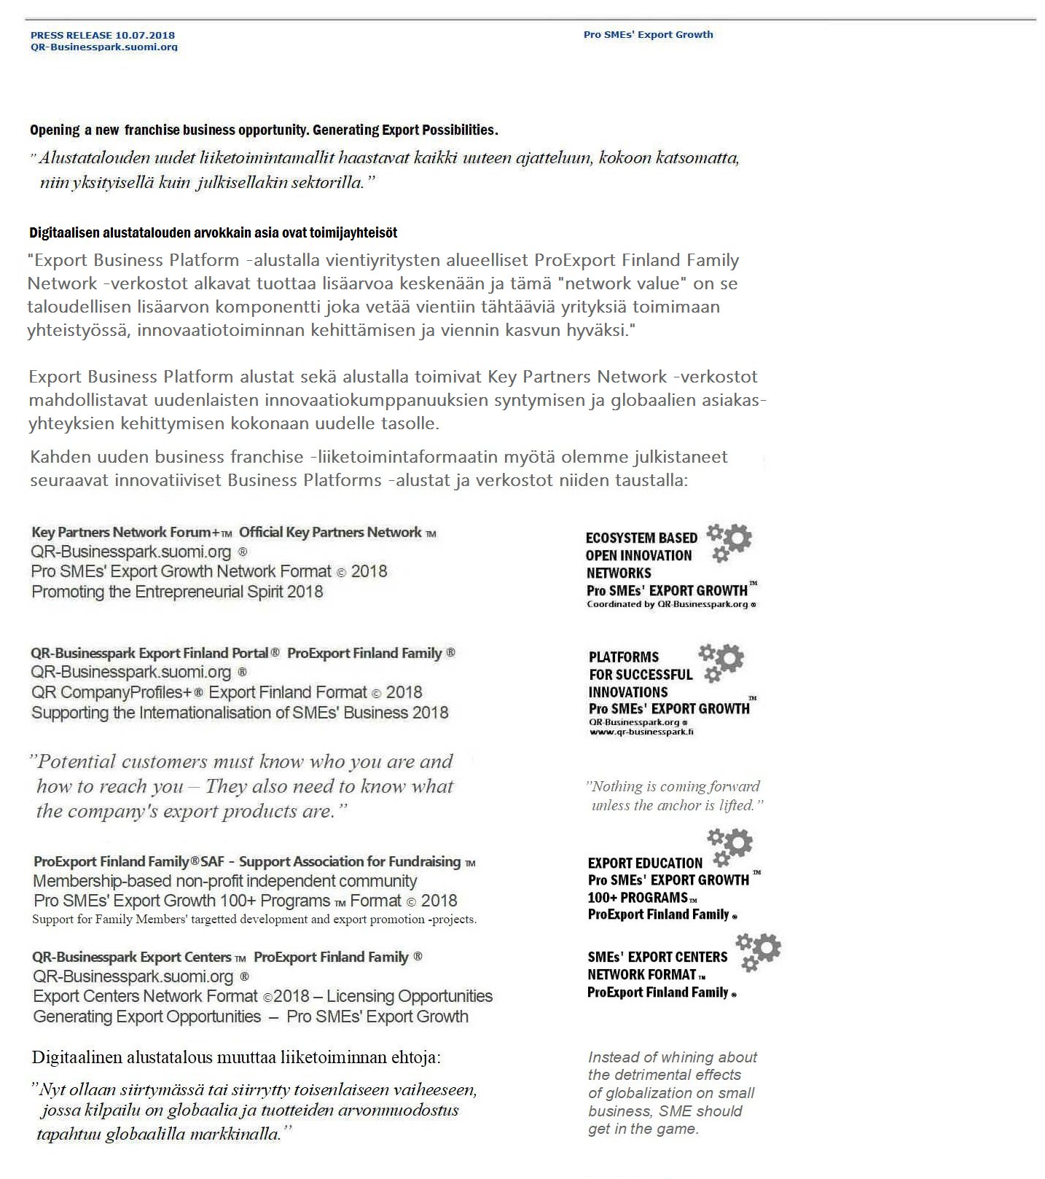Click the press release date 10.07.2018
(145, 35)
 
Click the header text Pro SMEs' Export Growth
(648, 34)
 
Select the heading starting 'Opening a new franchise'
(264, 130)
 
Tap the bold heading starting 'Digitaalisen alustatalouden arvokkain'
(213, 233)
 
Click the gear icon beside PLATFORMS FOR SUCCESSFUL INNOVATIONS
(722, 661)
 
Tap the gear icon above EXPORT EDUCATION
(731, 845)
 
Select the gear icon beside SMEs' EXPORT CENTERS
(759, 952)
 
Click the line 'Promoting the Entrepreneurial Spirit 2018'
(177, 592)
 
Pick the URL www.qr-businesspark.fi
(641, 732)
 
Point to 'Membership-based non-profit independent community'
(225, 881)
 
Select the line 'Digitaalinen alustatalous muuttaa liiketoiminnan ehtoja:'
(236, 1057)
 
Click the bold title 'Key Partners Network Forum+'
(125, 533)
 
